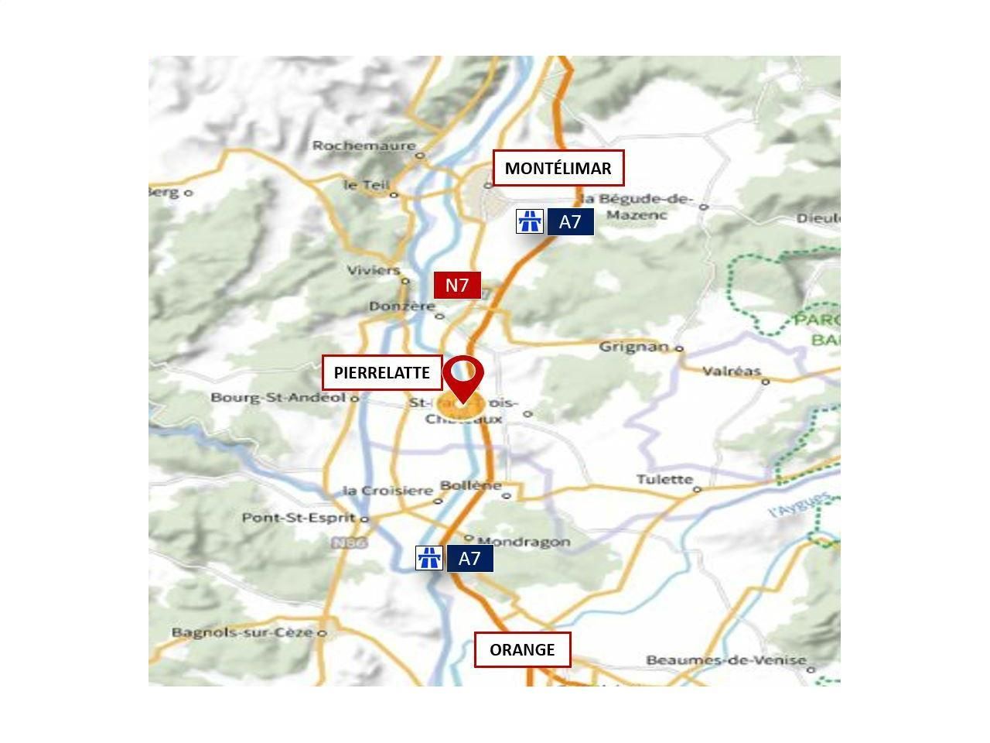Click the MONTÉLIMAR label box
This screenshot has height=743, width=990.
point(558,168)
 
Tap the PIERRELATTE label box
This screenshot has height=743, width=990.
point(382,373)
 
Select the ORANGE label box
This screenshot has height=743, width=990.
point(522,649)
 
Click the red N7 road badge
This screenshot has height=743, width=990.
point(457,286)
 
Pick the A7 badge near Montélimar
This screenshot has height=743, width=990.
point(570,222)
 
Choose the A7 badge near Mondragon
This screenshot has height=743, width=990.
point(469,559)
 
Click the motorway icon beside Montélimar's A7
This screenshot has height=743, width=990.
point(530,222)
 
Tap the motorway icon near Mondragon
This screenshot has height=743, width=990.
point(429,558)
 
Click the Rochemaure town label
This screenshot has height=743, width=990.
point(364,146)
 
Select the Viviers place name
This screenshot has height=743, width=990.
point(373,270)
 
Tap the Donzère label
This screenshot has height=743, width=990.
point(401,306)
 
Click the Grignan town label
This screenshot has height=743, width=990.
point(633,346)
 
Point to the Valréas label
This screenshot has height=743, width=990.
point(732,371)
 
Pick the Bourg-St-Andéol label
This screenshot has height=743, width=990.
point(278,398)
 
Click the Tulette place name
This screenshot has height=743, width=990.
point(664,479)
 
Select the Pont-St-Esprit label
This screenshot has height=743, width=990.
point(299,518)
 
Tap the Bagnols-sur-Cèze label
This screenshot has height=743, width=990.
point(242,632)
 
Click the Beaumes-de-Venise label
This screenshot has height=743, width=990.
point(726,660)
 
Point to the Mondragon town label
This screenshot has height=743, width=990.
point(524,542)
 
